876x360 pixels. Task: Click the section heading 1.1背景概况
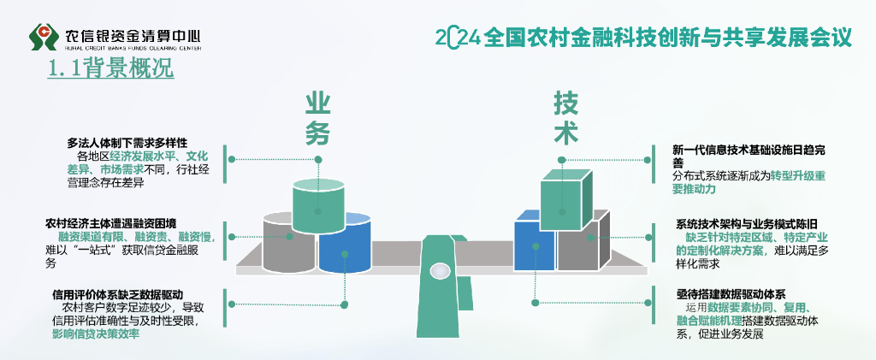pos(111,69)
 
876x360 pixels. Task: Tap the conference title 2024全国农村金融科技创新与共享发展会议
pos(643,38)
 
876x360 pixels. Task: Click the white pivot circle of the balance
pos(440,270)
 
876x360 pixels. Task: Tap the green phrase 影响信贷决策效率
pos(96,334)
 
